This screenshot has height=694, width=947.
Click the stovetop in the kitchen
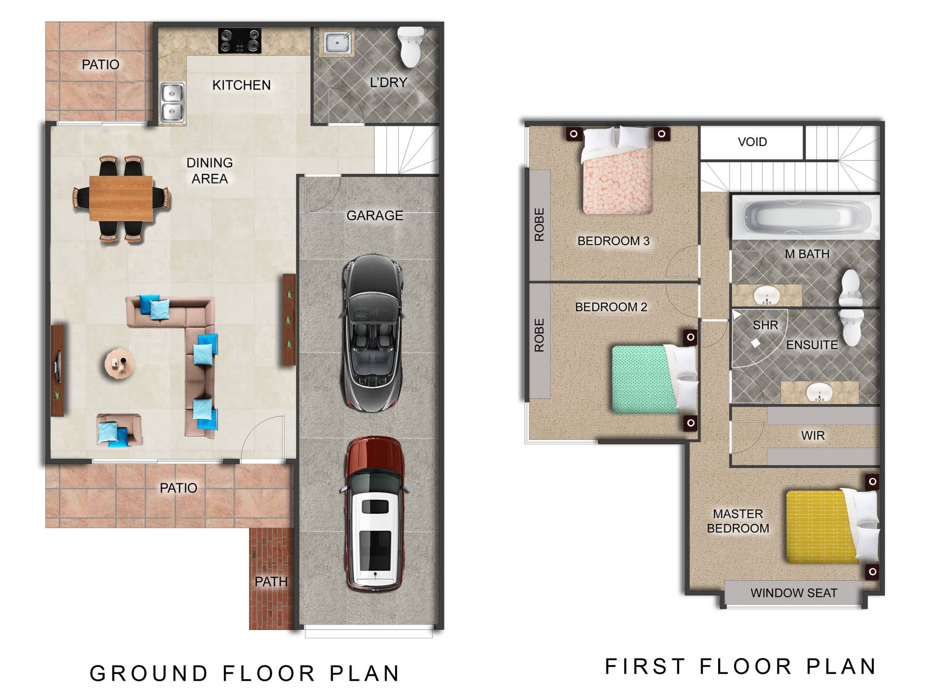pos(240,41)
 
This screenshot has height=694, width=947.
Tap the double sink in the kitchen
pos(173,103)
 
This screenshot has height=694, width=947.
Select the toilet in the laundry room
pos(411,47)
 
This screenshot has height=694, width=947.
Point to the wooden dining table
pos(121,198)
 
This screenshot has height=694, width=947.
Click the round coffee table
pos(119,364)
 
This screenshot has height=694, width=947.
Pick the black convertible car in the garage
pos(372,333)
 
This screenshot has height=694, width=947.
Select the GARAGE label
pos(375,215)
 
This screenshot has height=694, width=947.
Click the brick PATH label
pos(271,582)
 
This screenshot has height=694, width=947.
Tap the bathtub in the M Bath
pos(805,217)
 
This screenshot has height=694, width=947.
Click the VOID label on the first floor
pos(752,142)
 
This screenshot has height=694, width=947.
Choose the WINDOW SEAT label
pos(794,593)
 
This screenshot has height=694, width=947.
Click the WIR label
pos(813,436)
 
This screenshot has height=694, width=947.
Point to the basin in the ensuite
pos(819,392)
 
